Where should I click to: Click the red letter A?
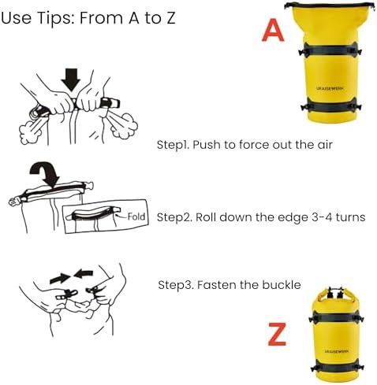pos(273,30)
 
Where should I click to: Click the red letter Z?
pos(277,334)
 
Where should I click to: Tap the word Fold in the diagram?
pos(136,217)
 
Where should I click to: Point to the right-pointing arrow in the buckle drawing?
pos(60,278)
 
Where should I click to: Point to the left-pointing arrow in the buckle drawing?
pos(83,274)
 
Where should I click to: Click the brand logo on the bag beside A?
pos(330,88)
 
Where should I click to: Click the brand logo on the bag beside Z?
pos(336,351)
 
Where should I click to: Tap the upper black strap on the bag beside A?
pos(330,49)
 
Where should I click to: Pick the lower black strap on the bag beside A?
pos(330,107)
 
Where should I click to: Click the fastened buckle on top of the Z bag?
pos(334,292)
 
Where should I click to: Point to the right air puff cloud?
pos(123,125)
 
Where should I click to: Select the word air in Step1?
pos(325,145)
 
